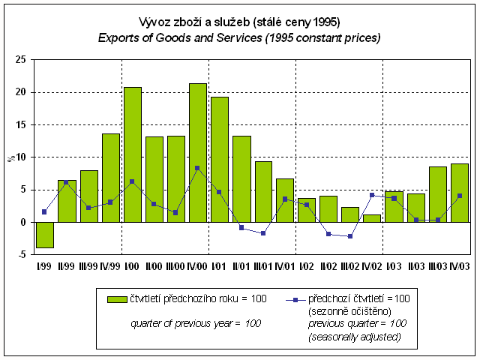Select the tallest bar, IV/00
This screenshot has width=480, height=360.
(198, 153)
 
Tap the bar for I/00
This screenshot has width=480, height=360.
(132, 154)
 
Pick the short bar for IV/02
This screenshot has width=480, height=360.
(372, 218)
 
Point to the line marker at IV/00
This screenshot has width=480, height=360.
(197, 168)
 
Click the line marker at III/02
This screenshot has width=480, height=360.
(350, 236)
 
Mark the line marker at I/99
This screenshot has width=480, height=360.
(45, 211)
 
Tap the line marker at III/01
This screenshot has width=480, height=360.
(263, 233)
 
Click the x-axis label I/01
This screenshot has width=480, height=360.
(219, 266)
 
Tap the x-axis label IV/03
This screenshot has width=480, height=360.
(459, 266)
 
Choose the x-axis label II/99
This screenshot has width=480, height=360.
(66, 266)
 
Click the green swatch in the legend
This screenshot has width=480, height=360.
(118, 298)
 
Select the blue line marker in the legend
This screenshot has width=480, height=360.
(297, 298)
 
